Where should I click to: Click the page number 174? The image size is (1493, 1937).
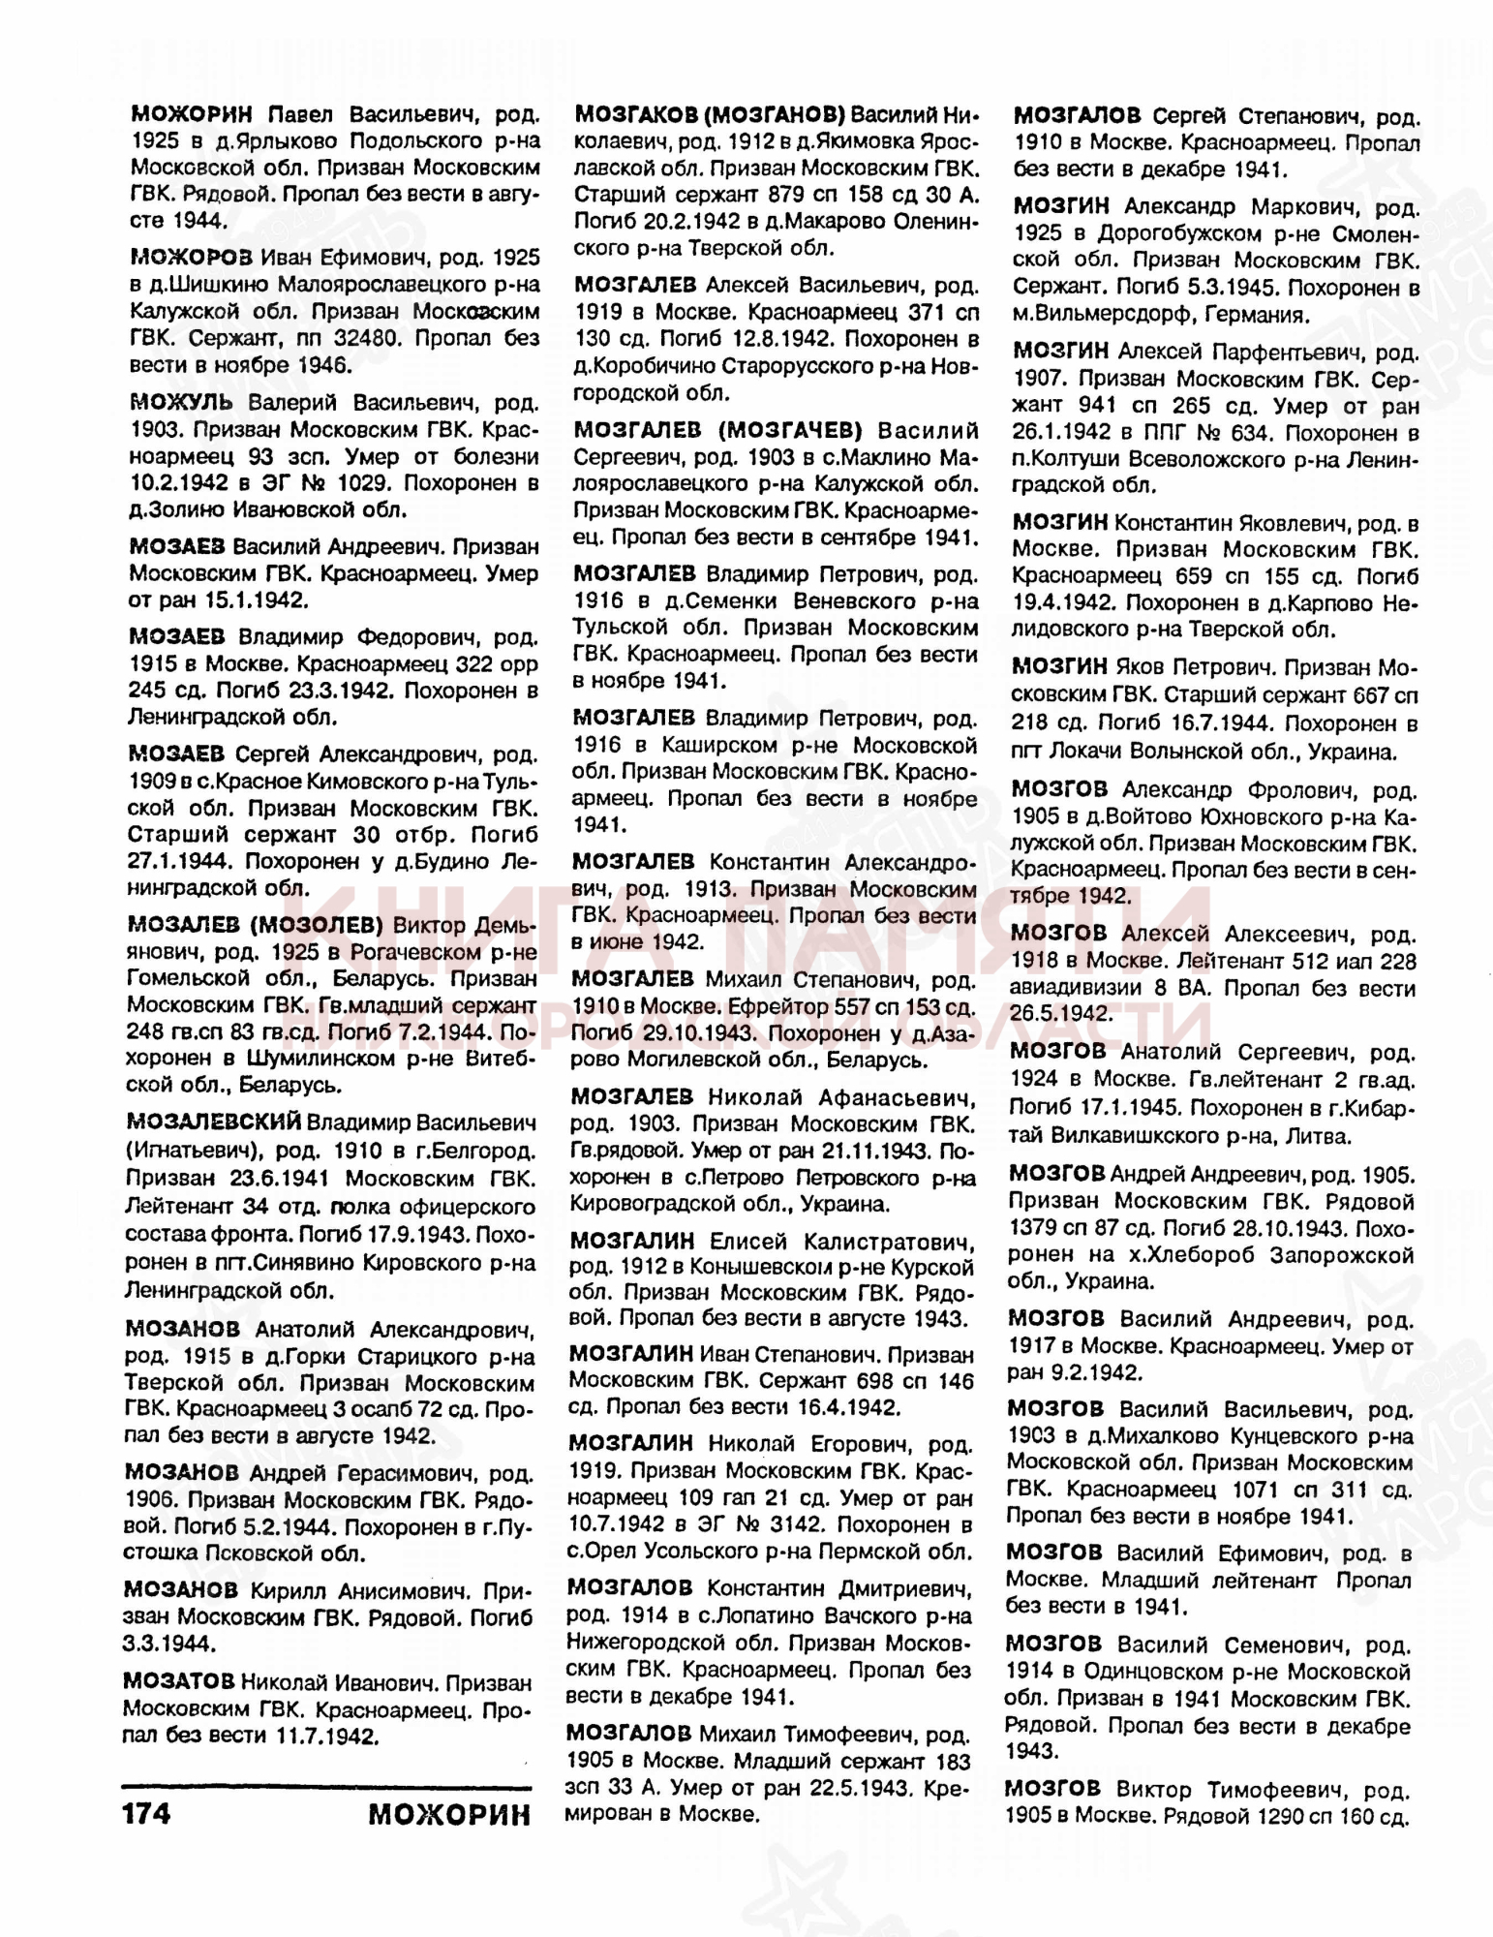147,1812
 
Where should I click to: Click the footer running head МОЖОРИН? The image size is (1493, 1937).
449,1812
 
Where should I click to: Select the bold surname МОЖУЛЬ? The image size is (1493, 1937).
181,401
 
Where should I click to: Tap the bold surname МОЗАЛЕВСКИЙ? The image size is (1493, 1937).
214,1122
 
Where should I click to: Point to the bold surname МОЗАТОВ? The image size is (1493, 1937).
179,1681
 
